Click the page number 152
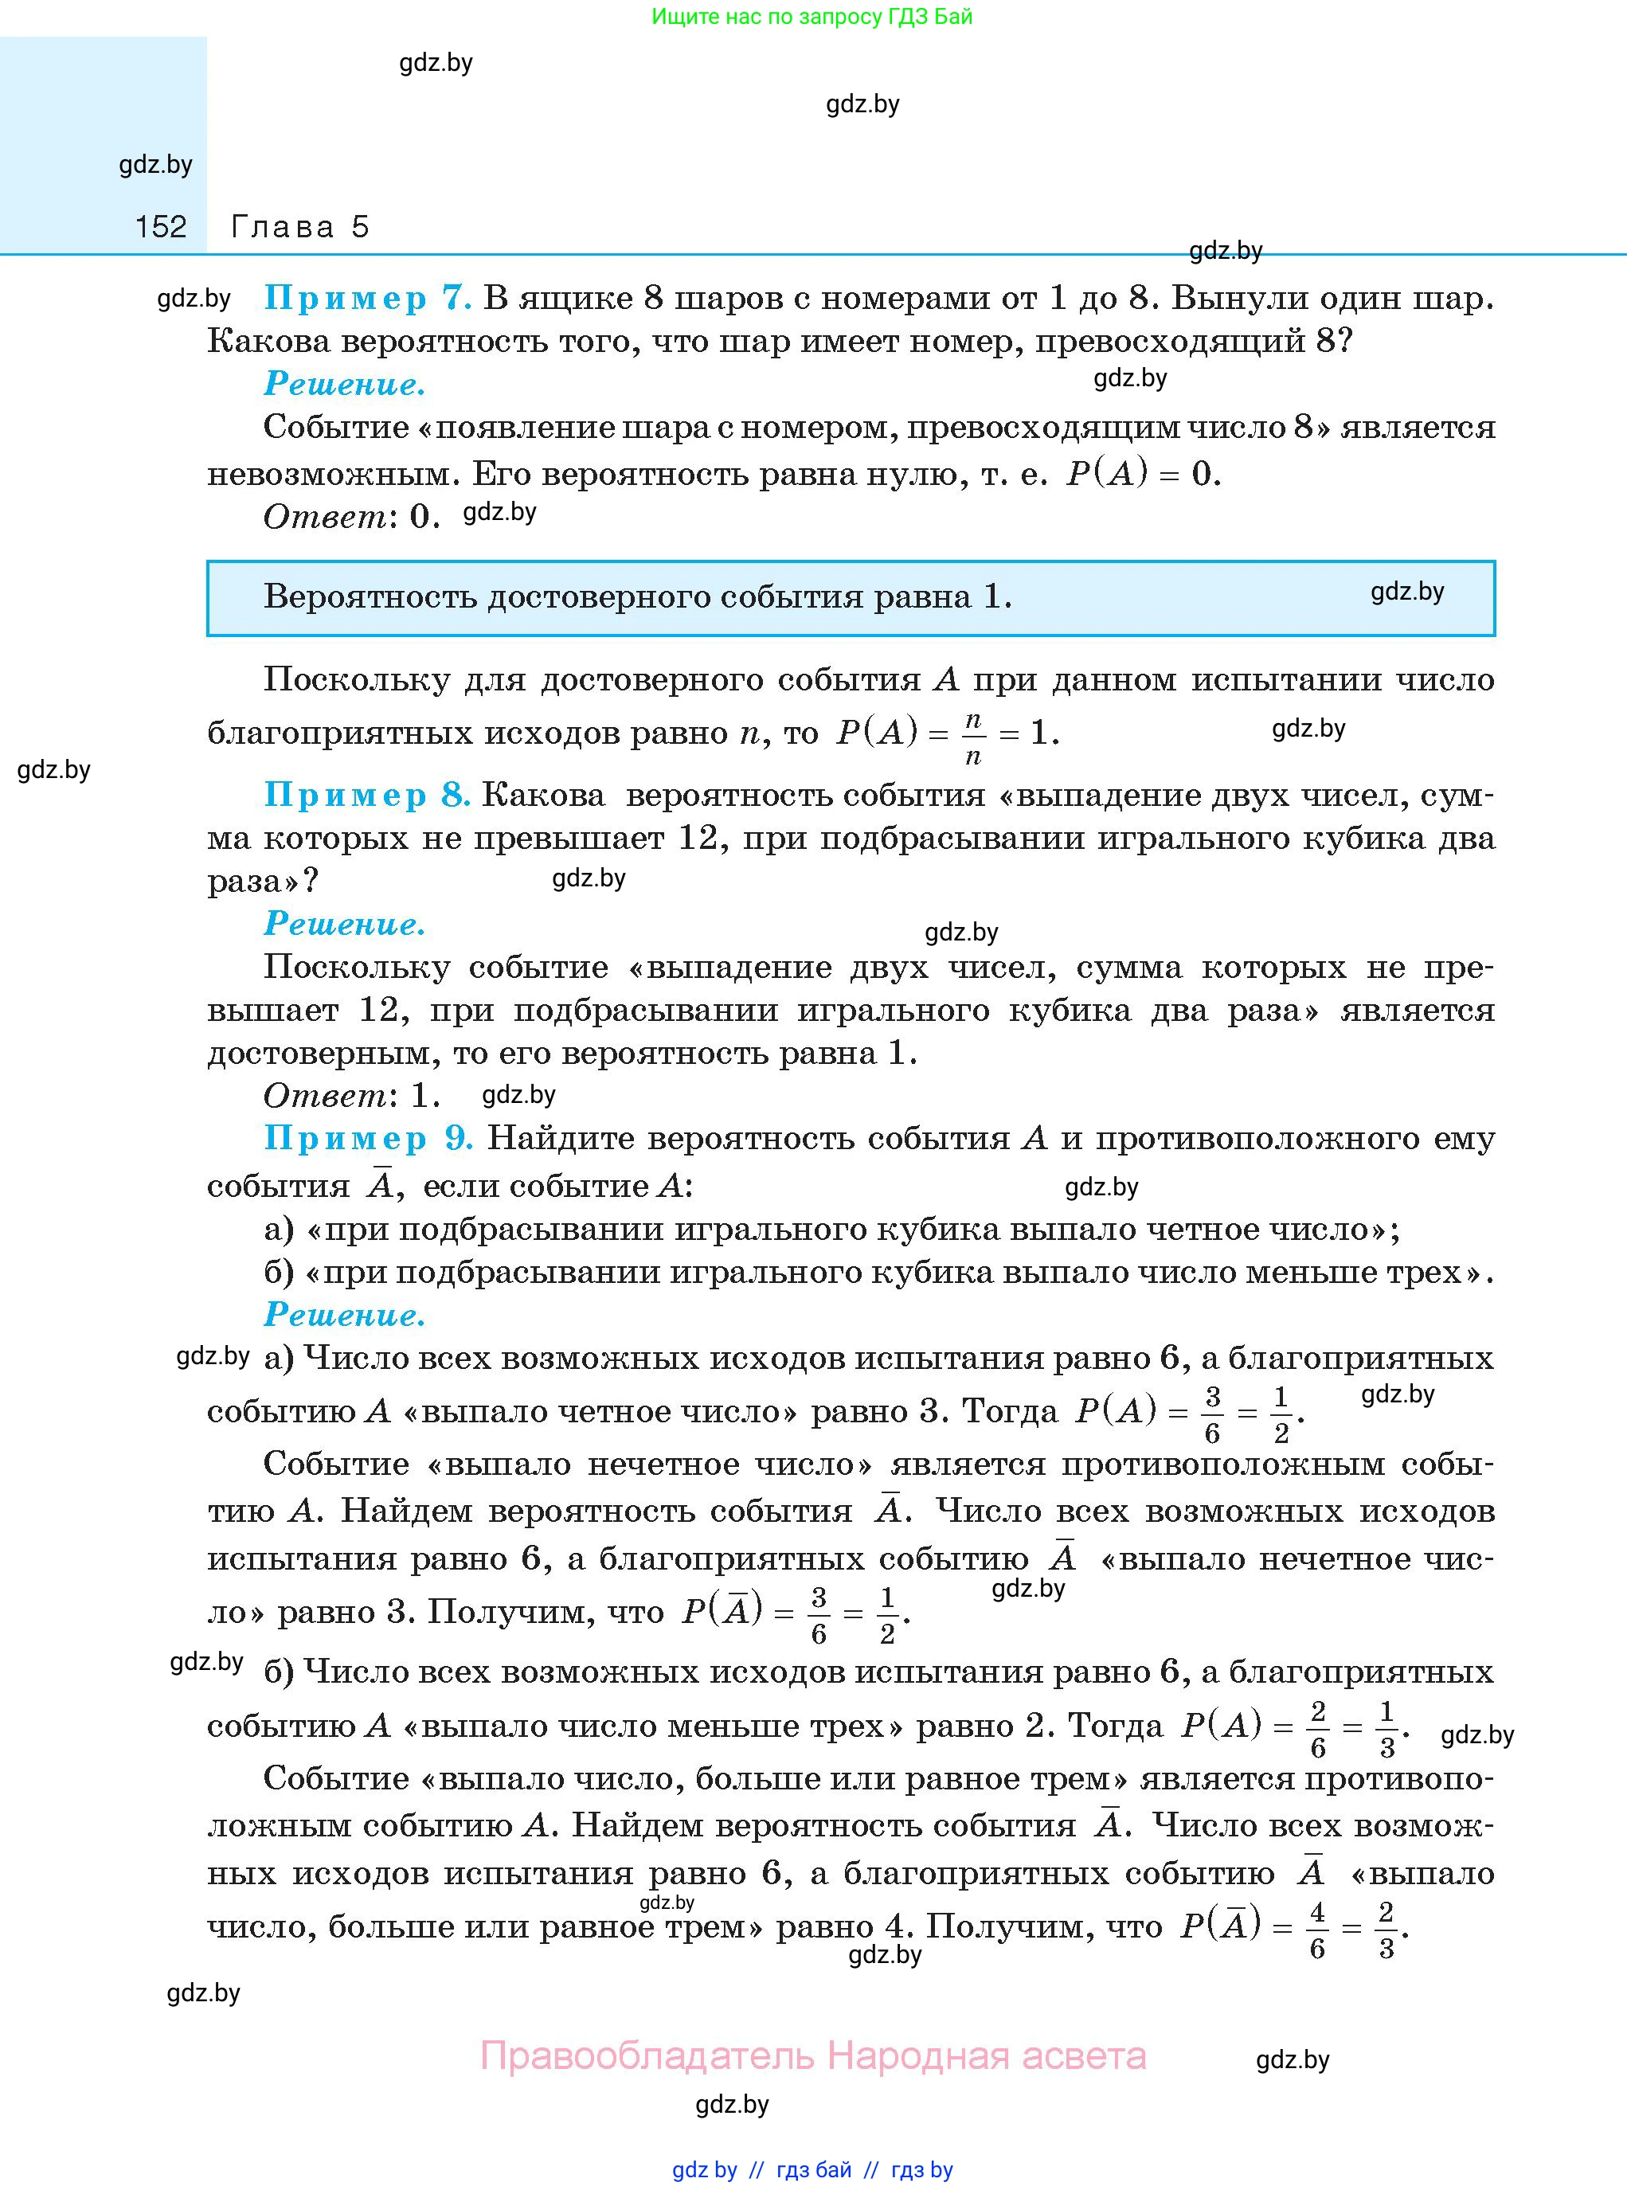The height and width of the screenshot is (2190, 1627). coord(161,228)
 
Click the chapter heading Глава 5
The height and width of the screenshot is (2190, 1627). coord(299,228)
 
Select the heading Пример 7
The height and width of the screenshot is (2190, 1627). coord(367,297)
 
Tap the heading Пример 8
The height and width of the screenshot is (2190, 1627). coord(366,795)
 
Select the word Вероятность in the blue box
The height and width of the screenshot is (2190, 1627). coord(370,596)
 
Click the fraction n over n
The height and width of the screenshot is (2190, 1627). coord(973,737)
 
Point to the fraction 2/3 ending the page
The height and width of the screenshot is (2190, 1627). coord(1386,1931)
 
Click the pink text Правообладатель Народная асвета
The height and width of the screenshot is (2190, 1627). coord(812,2055)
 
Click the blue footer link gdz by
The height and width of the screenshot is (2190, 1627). coord(704,2169)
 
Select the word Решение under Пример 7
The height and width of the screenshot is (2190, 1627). coord(345,384)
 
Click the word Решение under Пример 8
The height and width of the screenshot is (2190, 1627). coord(345,924)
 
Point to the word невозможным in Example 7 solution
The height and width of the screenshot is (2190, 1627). coord(334,475)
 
